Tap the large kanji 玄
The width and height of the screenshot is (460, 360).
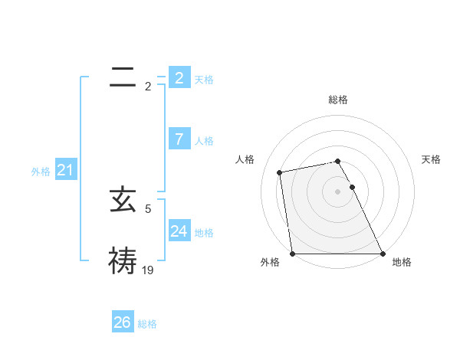[x=123, y=201]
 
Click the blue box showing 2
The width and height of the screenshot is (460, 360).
[x=179, y=77]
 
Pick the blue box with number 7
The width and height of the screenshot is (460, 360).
[x=179, y=139]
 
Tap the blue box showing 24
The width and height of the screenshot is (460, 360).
[x=179, y=231]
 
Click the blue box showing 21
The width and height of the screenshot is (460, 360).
[x=65, y=170]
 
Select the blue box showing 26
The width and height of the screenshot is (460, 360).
[x=123, y=322]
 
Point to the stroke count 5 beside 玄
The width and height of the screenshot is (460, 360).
[x=148, y=208]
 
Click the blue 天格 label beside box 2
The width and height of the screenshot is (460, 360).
[x=204, y=79]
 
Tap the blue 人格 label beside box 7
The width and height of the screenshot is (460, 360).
[x=204, y=141]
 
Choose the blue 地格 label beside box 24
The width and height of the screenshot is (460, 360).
[x=204, y=232]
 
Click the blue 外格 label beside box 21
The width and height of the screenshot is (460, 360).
[x=41, y=172]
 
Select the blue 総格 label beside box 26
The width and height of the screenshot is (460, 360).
[x=147, y=324]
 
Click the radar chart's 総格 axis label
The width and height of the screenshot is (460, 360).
[x=338, y=100]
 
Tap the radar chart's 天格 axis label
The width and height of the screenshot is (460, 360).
[x=432, y=159]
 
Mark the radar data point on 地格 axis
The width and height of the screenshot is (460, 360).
[x=382, y=254]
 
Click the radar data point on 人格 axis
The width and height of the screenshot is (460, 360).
[x=280, y=172]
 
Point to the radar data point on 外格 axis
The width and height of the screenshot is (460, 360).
[x=293, y=254]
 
